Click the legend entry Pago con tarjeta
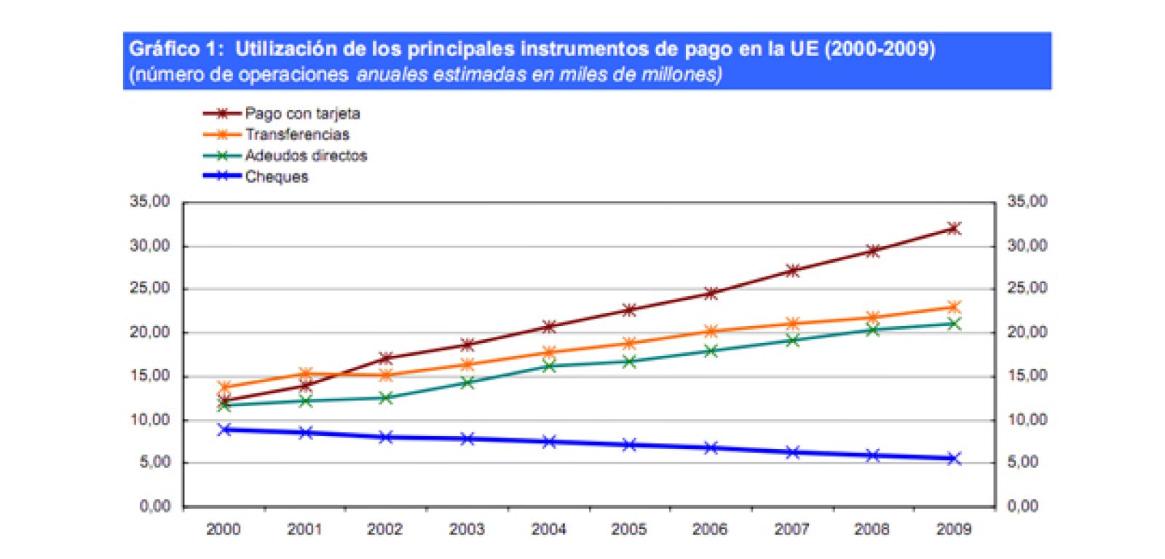coord(301,114)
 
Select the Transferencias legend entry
coord(296,135)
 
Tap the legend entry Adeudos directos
coord(305,156)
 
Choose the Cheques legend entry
coord(276,177)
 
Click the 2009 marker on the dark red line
coord(953,229)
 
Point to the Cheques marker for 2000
coord(224,429)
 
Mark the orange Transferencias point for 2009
coord(953,307)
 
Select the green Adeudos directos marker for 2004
coord(549,366)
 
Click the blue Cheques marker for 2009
coord(953,459)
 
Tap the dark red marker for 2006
coord(711,293)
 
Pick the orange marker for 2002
coord(386,376)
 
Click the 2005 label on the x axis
coord(628,529)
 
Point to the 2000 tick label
coord(223,529)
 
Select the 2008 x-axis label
coord(872,529)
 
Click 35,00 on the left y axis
coord(150,202)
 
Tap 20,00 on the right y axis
coord(1027,332)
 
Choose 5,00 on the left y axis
coord(154,462)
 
